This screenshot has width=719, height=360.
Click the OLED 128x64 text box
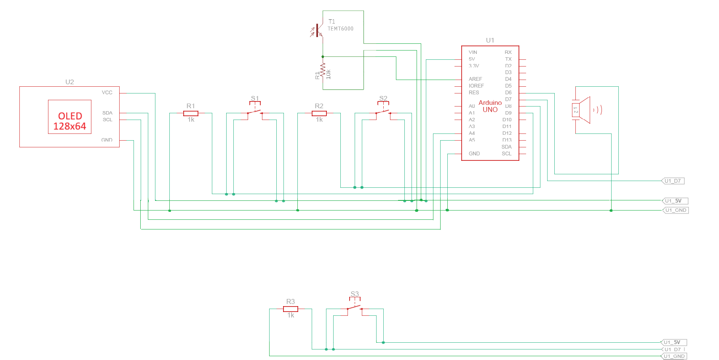point(69,117)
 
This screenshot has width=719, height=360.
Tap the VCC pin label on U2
point(107,93)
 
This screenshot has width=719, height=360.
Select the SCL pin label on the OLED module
point(107,120)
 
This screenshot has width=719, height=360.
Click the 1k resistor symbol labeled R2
point(319,113)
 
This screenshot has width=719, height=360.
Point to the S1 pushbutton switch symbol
point(255,112)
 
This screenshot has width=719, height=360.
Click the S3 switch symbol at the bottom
point(355,308)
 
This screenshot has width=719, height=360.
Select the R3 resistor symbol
point(291,309)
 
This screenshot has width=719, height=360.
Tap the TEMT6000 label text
point(340,29)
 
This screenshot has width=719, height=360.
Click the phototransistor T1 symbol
point(318,31)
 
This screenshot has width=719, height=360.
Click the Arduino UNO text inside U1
point(490,106)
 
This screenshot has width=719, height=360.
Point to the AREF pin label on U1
point(475,79)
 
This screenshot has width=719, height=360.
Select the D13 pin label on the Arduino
point(507,140)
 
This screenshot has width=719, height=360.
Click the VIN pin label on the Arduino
point(473,52)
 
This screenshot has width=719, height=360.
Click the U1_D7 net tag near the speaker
point(673,181)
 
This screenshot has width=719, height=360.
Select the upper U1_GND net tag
point(676,210)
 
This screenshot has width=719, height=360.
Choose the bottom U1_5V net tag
point(673,342)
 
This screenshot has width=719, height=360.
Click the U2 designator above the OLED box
point(69,82)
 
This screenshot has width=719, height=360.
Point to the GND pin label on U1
point(474,154)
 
